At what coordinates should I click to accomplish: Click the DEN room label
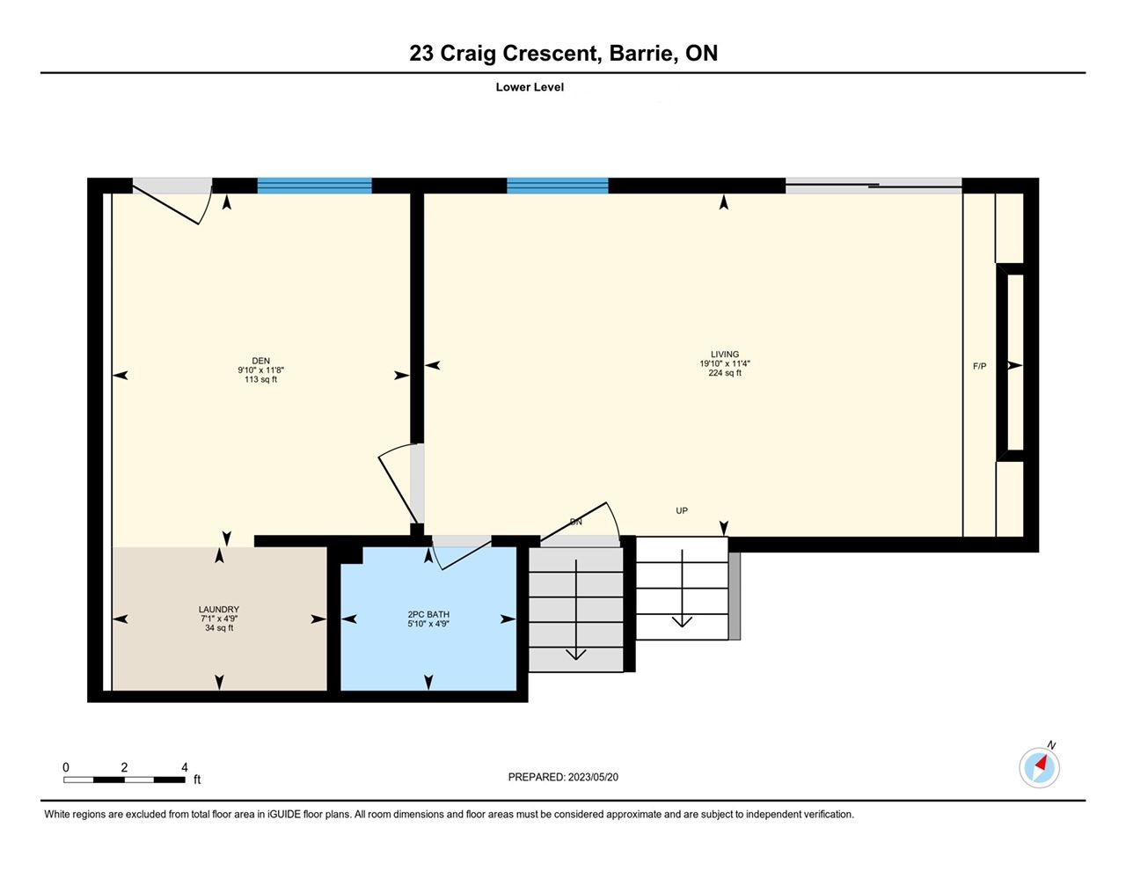click(260, 361)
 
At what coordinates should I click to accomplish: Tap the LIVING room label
click(724, 355)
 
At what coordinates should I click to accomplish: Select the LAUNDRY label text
click(219, 610)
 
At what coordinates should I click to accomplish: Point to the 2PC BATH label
click(428, 614)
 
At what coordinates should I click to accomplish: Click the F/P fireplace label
click(979, 366)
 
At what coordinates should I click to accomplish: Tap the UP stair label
click(682, 511)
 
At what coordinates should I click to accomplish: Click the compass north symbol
click(1039, 767)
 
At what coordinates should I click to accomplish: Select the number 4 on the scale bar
click(185, 767)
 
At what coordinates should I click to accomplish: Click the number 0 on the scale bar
click(66, 767)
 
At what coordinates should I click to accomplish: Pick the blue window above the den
click(315, 186)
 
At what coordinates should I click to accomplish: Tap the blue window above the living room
click(557, 186)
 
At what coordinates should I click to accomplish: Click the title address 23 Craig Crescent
click(505, 54)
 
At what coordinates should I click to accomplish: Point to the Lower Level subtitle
click(530, 87)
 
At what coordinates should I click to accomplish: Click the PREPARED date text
click(563, 777)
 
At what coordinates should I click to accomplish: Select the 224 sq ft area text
click(724, 373)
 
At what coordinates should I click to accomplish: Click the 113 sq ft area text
click(260, 379)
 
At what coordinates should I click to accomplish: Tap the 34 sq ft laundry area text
click(219, 628)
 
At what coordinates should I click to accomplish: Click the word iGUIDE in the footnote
click(284, 815)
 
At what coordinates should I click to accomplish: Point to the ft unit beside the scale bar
click(197, 780)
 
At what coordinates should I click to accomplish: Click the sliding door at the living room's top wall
click(874, 186)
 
